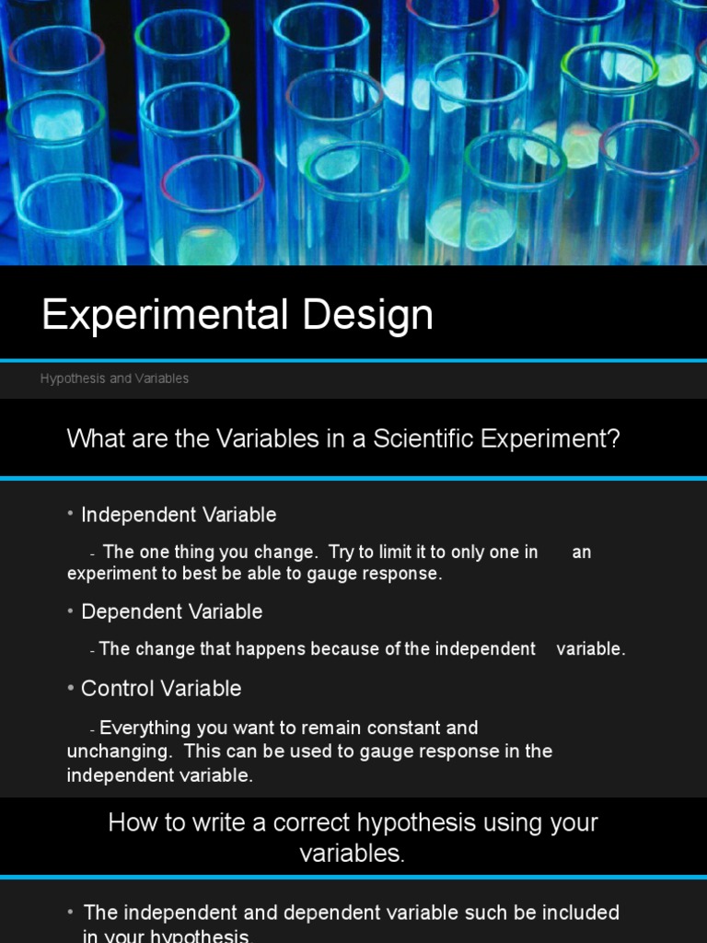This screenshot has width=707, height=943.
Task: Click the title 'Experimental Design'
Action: (x=238, y=316)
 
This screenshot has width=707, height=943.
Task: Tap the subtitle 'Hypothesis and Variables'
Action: (x=114, y=378)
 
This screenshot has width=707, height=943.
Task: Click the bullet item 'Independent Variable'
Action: (x=179, y=515)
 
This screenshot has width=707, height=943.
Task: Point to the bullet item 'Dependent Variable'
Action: (x=171, y=611)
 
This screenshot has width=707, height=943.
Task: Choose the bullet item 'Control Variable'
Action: (x=161, y=688)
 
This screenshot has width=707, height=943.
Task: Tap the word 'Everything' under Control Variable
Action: (x=145, y=728)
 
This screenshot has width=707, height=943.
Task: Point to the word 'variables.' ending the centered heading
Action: (x=352, y=854)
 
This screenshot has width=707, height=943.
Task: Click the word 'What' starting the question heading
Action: (x=94, y=438)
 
